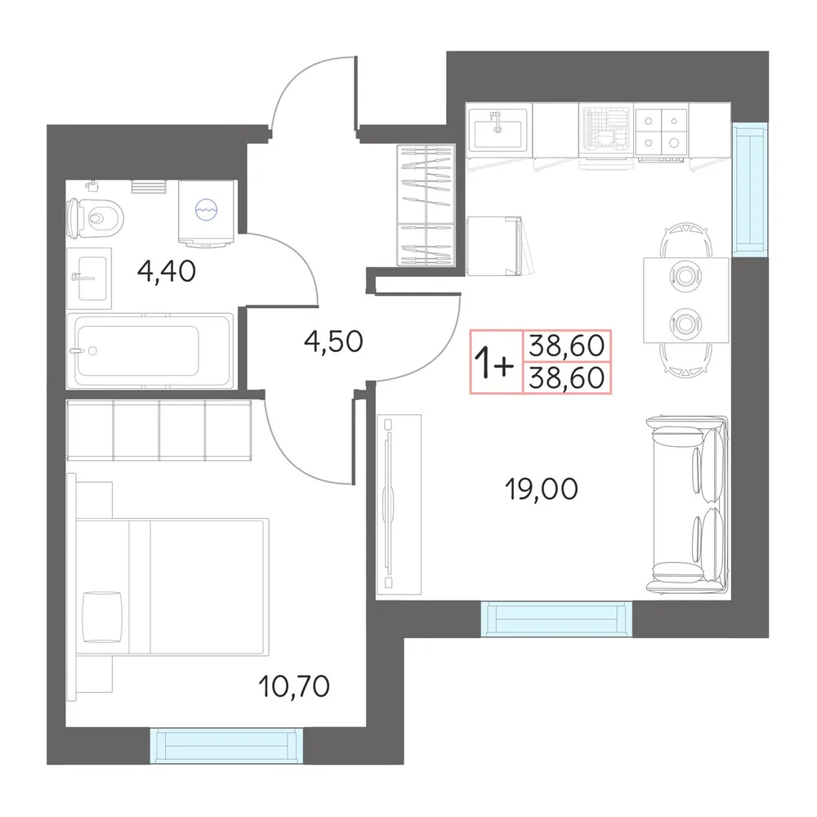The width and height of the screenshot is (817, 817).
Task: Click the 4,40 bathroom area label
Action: [167, 271]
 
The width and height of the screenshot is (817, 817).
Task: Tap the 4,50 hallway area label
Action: [333, 342]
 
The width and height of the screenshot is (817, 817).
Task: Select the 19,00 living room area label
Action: [542, 489]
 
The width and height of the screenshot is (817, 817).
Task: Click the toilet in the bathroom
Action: [96, 218]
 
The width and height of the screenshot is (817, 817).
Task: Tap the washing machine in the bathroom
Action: [207, 212]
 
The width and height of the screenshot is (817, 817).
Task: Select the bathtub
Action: [150, 350]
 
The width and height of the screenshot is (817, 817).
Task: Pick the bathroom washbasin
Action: [89, 279]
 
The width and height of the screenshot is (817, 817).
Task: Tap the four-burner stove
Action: [661, 132]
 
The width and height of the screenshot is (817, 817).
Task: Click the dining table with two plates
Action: [685, 300]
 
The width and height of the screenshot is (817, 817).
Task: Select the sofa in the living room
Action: [687, 504]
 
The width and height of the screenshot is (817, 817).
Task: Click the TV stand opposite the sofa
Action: [399, 504]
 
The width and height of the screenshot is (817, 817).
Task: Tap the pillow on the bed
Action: [102, 617]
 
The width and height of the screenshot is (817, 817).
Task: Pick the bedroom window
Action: [226, 746]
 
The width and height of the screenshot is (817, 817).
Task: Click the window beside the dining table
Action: [750, 190]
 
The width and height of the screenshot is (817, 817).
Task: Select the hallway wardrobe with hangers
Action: [426, 205]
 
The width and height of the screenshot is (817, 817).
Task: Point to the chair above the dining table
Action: [685, 239]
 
